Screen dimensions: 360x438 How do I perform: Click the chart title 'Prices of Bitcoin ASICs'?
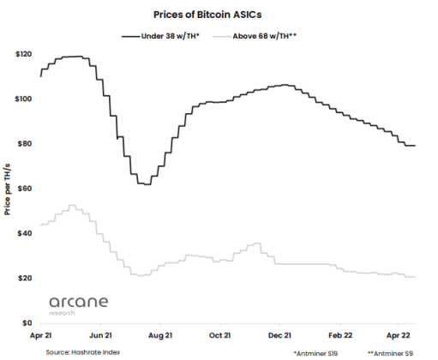point(219,15)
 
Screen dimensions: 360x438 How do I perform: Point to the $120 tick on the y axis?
point(24,54)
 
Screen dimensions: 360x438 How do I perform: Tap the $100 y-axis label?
point(24,99)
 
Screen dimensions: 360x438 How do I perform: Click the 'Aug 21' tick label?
point(161,338)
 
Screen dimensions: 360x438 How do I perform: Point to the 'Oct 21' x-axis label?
point(221,338)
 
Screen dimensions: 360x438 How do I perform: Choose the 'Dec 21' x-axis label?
point(281,338)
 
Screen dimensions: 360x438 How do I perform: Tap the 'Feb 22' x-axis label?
point(341,338)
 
